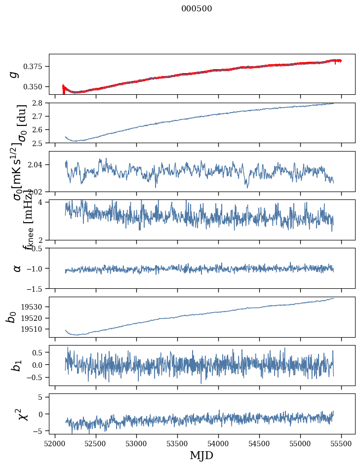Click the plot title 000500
197,9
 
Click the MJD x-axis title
201,455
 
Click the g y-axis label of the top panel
14,74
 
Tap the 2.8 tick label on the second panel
40,103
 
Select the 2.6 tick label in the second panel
40,130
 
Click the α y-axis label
17,268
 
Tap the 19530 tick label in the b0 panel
35,307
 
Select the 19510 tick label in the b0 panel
35,329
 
